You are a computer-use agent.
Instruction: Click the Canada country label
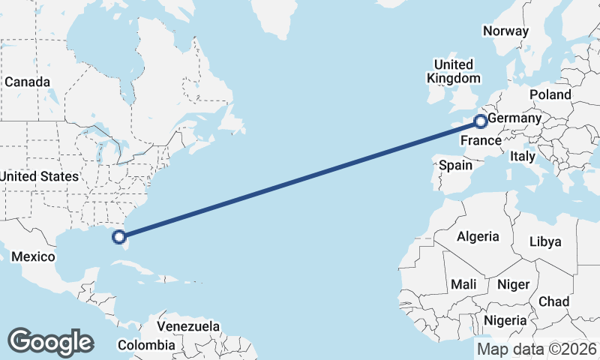point(27,82)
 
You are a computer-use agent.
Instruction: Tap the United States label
point(39,176)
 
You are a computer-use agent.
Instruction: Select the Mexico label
point(33,257)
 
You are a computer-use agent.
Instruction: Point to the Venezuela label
point(188,327)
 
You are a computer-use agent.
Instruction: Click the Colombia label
point(147,346)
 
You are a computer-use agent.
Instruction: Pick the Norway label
point(505,31)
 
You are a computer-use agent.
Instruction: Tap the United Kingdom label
point(454,71)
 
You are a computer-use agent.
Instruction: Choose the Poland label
point(550,94)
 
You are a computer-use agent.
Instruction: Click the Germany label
point(514,118)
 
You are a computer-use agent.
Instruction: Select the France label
point(481,141)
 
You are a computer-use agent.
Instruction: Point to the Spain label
point(456,165)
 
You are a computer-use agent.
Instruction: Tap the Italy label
point(522,157)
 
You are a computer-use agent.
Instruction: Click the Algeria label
point(478,236)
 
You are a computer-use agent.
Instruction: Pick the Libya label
point(544,241)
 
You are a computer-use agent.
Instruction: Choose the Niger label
point(513,284)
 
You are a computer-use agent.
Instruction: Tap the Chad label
point(553,301)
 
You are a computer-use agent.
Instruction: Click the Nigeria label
point(507,321)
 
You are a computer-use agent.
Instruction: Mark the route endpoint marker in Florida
point(118,237)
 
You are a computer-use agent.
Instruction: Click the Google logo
point(50,342)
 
